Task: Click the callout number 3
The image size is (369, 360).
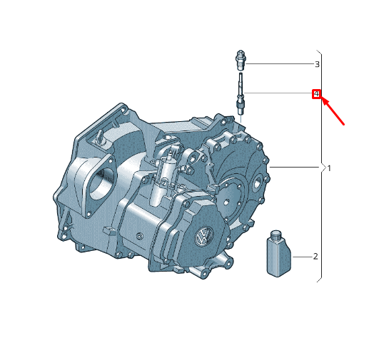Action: pos(317,64)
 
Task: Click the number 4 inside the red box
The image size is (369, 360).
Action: pos(316,94)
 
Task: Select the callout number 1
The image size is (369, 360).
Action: pos(329,168)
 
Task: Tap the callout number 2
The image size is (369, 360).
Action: pos(315,257)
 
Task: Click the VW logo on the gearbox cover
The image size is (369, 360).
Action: pos(204,236)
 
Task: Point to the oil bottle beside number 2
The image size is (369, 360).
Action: pos(278,253)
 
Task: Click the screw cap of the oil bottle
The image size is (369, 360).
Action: pos(276,234)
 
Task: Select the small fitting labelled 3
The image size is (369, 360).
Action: pos(241,60)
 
